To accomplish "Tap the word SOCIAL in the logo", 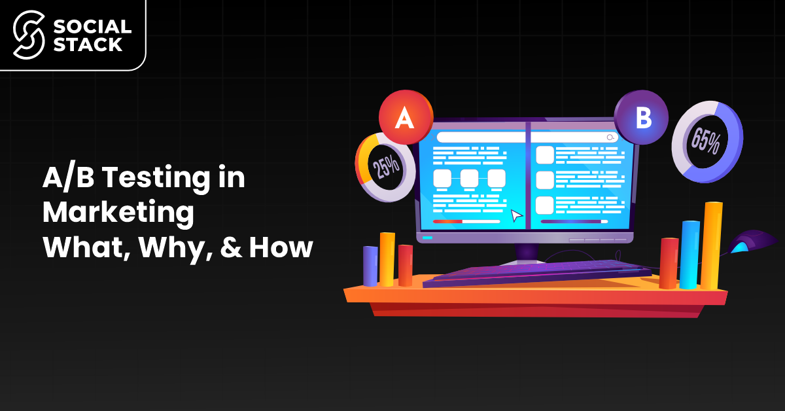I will point(91,26).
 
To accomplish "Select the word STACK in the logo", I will point(86,45).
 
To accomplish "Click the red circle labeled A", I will point(406,118).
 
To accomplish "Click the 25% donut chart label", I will point(386,167).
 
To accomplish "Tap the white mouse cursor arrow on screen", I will point(517,215).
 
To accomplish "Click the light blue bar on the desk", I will point(689,254).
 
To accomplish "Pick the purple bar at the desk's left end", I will point(370,265).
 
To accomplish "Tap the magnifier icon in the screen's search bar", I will point(611,137).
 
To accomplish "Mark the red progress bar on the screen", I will point(447,221).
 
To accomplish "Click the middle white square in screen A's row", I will point(470,177).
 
